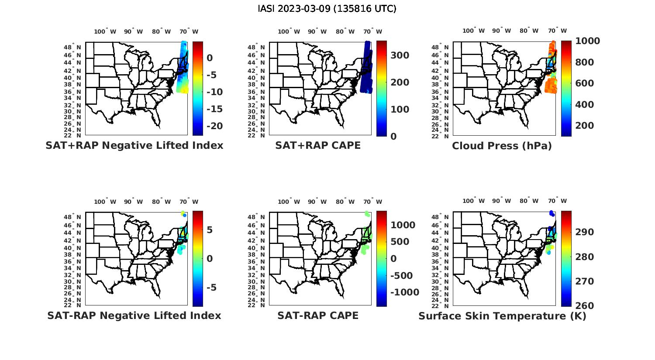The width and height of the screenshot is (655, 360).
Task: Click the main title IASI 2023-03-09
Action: click(327, 9)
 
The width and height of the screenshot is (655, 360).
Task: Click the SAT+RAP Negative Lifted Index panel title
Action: click(134, 145)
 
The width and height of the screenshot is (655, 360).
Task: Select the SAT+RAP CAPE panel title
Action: click(318, 145)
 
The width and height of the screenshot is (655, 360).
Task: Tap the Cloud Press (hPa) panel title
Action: click(502, 146)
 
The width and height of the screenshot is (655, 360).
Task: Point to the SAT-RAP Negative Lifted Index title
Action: click(134, 315)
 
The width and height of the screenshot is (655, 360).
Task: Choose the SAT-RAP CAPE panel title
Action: click(318, 315)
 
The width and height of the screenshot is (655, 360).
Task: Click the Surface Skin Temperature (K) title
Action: click(502, 316)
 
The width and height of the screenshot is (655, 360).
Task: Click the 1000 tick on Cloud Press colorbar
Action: click(587, 41)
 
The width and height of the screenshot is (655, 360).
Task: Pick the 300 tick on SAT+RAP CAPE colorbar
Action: click(400, 55)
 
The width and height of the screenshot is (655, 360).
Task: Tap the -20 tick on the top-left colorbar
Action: click(214, 126)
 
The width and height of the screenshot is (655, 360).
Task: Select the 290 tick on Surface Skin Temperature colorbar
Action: click(584, 232)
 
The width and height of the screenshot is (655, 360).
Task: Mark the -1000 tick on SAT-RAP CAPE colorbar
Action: click(404, 292)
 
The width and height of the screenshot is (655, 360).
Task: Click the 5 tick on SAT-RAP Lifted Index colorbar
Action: click(210, 230)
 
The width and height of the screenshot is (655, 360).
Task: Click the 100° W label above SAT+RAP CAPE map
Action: click(289, 31)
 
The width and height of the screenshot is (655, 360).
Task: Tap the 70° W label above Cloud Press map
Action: click(557, 31)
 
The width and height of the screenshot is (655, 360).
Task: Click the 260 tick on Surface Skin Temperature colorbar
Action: click(584, 306)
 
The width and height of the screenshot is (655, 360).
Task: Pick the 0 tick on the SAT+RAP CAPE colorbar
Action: click(393, 136)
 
